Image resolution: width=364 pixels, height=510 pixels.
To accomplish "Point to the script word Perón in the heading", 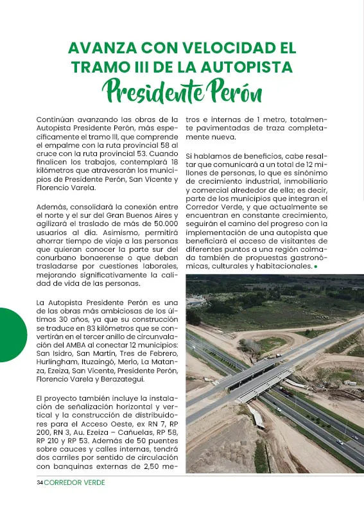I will click(229, 92).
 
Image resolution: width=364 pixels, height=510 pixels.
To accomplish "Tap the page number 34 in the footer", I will click(39, 482).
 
